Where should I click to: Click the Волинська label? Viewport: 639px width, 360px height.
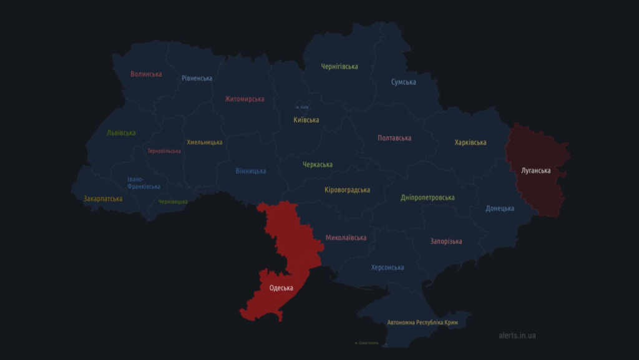coord(146,74)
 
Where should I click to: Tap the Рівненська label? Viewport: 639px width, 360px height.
coord(197,79)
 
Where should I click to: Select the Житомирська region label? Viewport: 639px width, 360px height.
coord(245,99)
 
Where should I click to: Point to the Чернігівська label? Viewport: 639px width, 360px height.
coord(339,67)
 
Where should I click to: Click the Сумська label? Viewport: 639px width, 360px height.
coord(404,82)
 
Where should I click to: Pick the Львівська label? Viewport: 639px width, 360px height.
coord(121,133)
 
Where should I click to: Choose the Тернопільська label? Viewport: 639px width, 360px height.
coord(164,151)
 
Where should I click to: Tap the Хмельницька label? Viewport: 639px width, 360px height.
coord(205,142)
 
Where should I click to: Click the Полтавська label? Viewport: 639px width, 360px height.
coord(394,138)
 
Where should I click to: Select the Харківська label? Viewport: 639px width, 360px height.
coord(471,143)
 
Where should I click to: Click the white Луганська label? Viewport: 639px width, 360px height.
coord(536,170)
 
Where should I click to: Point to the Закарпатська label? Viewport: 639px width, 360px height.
coord(103,199)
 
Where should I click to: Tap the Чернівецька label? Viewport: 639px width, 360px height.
coord(173,202)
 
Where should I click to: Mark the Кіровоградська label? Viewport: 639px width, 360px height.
coord(348,190)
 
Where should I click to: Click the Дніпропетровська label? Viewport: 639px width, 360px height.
coord(427,198)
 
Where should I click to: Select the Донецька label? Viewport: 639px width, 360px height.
coord(500,208)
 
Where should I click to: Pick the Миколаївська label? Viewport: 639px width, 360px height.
coord(346,238)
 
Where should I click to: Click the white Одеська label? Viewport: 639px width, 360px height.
coord(281,288)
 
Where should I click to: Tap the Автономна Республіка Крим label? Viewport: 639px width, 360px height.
coord(422,323)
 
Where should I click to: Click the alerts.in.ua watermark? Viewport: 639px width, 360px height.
coord(517,336)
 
